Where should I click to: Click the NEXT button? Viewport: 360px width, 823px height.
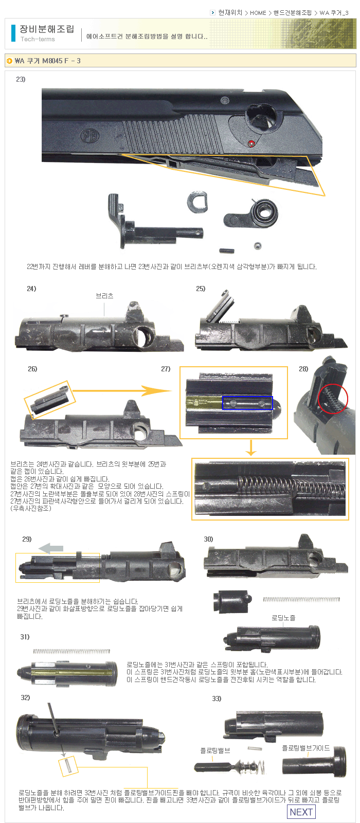(x=301, y=812)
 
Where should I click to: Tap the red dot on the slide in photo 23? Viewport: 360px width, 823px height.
(x=251, y=144)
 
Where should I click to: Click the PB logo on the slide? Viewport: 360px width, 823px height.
(x=89, y=136)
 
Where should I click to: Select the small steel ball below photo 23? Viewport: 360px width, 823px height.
(x=258, y=246)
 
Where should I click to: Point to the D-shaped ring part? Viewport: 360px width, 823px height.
(x=197, y=202)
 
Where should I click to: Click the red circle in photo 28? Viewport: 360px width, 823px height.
(x=333, y=399)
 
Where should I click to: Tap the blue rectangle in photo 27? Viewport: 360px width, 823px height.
(x=247, y=403)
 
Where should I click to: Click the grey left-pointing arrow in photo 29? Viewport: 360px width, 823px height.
(x=51, y=548)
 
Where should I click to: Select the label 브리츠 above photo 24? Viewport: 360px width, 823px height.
(x=104, y=296)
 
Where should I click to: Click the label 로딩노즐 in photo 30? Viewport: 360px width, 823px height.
(x=283, y=618)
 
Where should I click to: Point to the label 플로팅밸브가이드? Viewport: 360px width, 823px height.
(x=305, y=748)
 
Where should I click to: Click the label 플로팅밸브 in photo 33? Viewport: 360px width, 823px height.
(x=215, y=750)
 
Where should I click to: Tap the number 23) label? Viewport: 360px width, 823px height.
(x=21, y=79)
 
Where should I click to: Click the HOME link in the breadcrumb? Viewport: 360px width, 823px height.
(x=258, y=13)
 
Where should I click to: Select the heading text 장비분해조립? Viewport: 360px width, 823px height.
(x=47, y=29)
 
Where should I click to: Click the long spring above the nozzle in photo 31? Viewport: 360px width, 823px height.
(x=71, y=651)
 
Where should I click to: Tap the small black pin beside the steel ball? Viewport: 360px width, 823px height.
(x=227, y=251)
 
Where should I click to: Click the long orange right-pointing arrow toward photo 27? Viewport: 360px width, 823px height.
(x=122, y=390)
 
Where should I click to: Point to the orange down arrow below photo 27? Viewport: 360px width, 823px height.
(x=251, y=448)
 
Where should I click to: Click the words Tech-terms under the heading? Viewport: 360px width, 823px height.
(x=38, y=39)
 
